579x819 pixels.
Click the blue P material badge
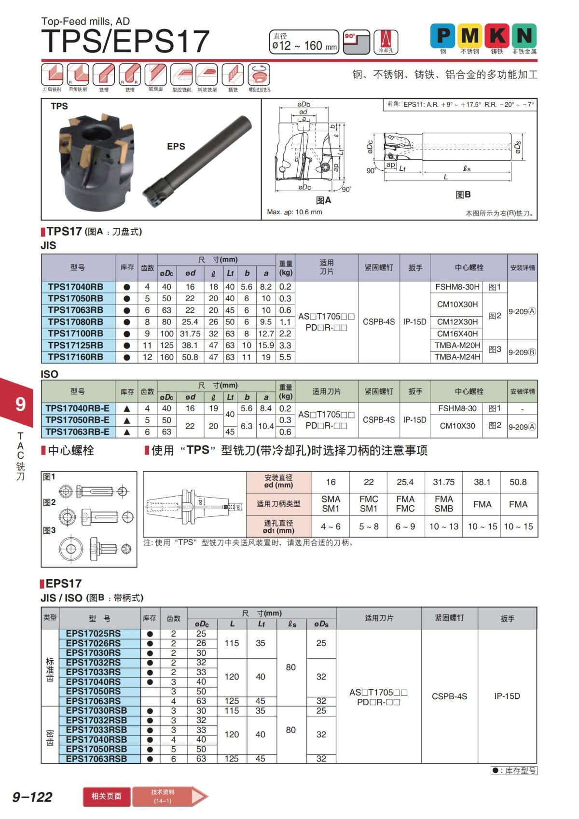point(442,36)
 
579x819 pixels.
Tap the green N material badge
point(524,36)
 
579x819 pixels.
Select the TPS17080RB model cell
point(76,322)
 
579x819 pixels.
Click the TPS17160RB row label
point(76,357)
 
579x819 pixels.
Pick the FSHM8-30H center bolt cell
point(457,287)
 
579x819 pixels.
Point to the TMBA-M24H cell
point(457,357)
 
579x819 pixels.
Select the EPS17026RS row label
point(93,643)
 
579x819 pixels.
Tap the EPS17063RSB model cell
point(96,759)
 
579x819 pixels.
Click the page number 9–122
point(32,797)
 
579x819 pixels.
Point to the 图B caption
point(463,194)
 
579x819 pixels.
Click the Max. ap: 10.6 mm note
point(294,212)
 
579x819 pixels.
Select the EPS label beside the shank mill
point(176,146)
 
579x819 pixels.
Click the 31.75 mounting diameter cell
point(443,482)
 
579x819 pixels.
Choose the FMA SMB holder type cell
point(443,504)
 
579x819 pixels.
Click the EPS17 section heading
point(64,583)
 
